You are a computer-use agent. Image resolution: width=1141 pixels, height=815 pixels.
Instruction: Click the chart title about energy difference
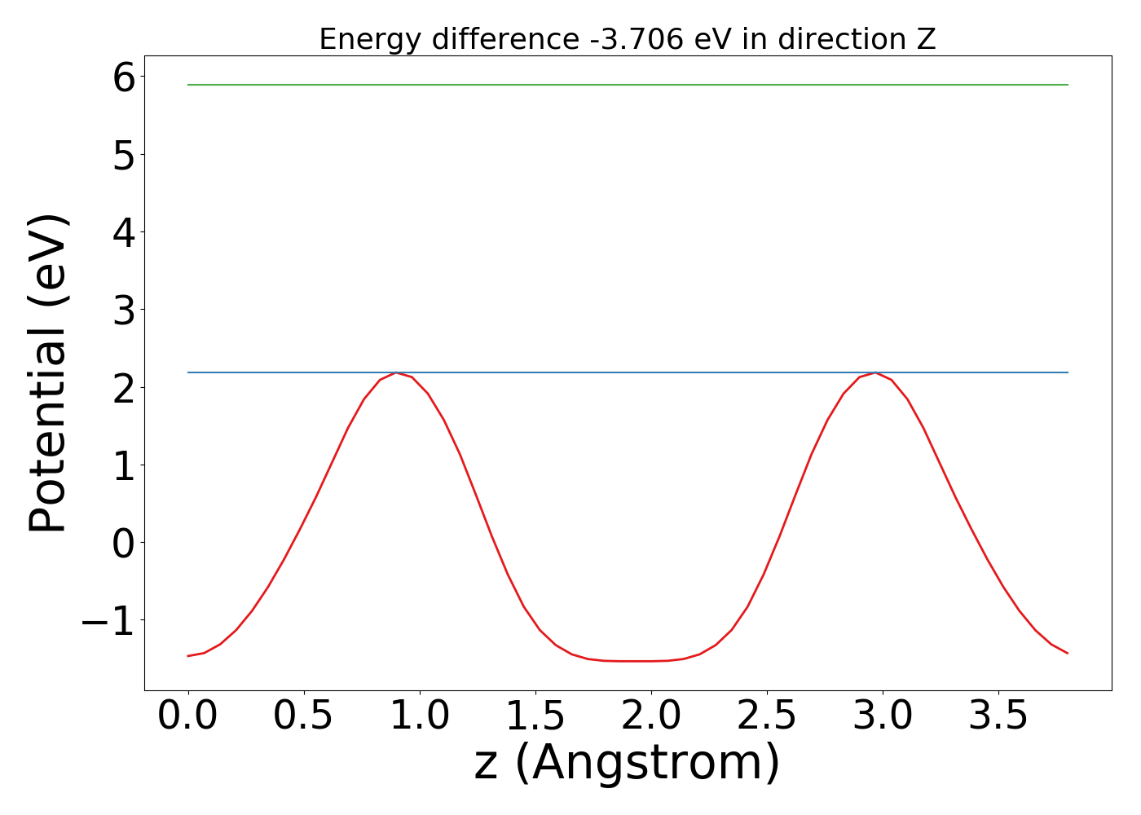coord(627,39)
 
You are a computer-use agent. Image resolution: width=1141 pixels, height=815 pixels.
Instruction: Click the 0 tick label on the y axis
coord(124,543)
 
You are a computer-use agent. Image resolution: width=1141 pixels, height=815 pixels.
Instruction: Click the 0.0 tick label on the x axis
coord(188,716)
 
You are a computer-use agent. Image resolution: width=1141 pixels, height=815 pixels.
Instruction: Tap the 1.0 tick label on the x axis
coord(419,716)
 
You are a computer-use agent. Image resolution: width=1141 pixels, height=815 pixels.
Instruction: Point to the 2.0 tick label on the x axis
coord(650,716)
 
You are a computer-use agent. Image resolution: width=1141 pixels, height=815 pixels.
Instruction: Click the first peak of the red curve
coord(396,372)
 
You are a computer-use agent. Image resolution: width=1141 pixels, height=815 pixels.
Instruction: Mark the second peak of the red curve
coord(875,372)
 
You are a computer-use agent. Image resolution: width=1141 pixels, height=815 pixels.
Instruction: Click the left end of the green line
coord(189,85)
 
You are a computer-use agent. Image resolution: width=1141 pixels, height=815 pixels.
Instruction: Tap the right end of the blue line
coord(1067,372)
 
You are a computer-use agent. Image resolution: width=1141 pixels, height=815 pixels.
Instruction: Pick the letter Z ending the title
coord(927,39)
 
